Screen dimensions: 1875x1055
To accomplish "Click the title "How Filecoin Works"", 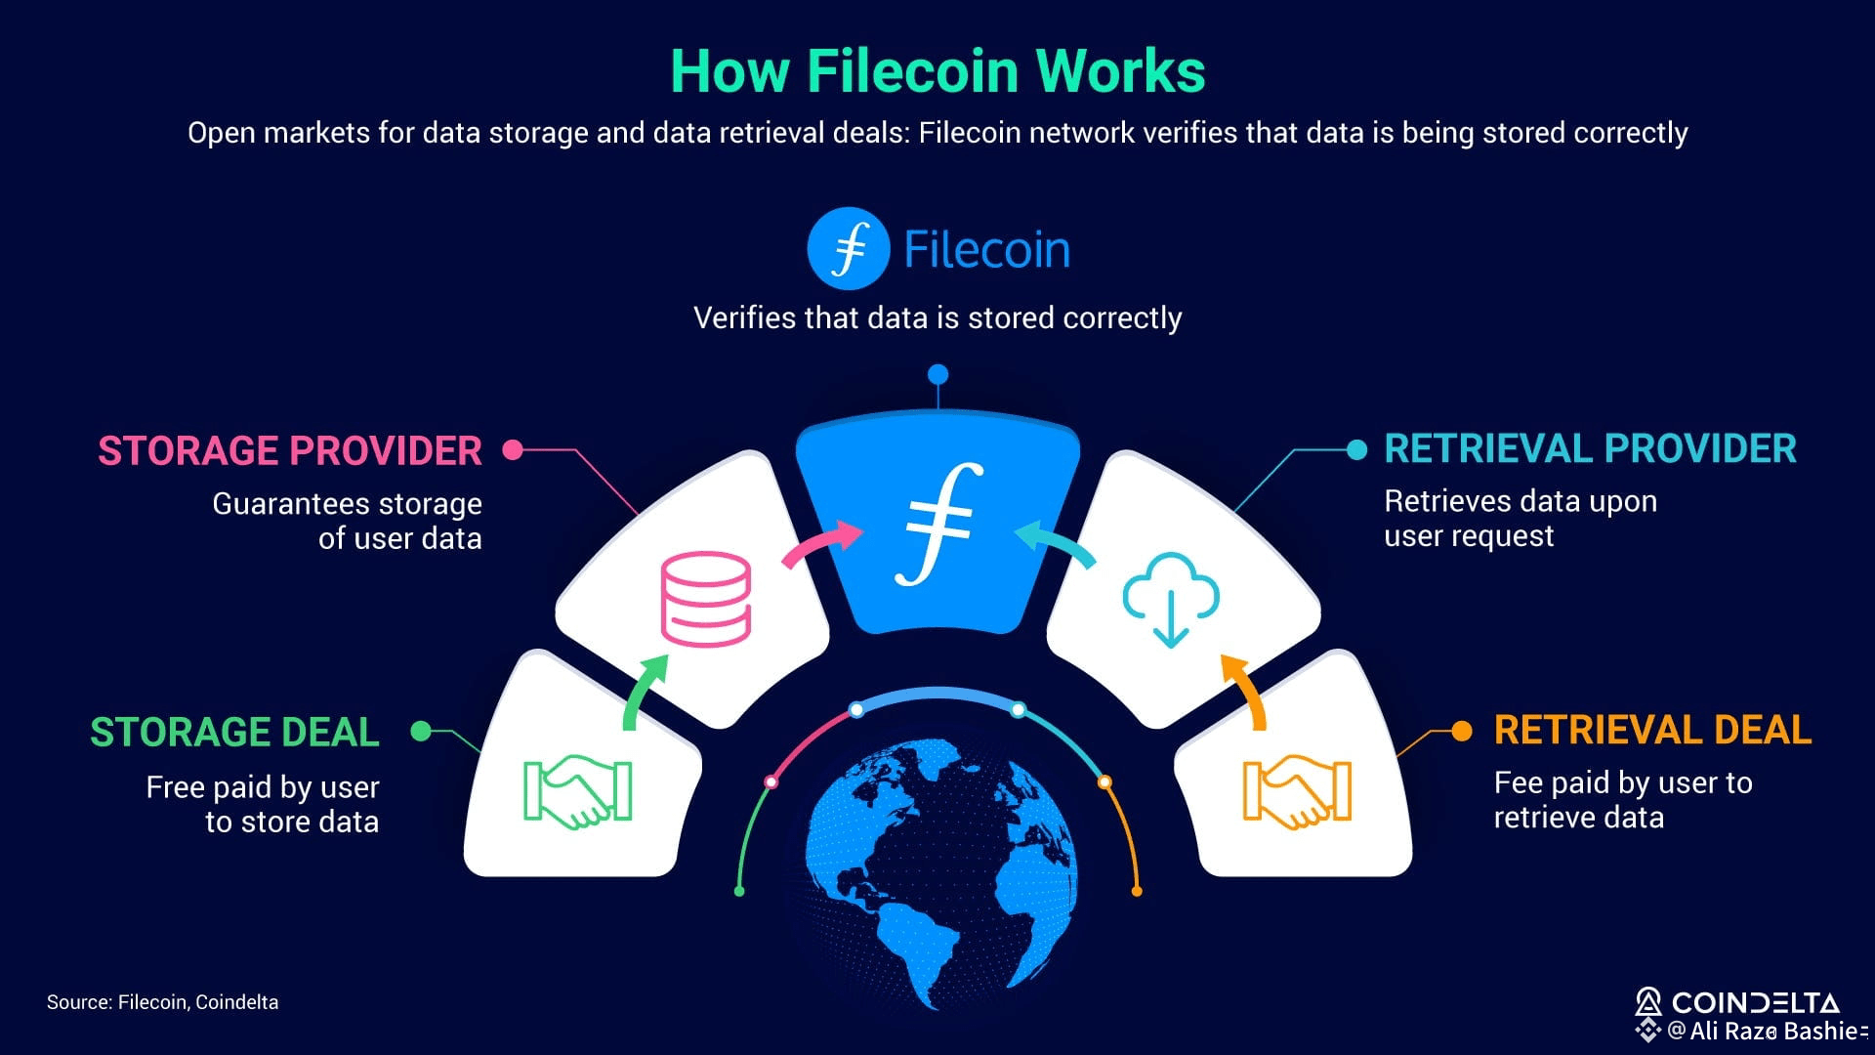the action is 937,71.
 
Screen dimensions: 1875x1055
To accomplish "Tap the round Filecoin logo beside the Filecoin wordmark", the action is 848,248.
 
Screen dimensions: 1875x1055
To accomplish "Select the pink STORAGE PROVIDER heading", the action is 289,450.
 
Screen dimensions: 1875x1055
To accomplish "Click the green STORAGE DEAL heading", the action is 234,732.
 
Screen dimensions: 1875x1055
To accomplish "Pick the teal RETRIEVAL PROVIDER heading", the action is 1590,448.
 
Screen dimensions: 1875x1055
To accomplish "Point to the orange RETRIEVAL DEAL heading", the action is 1652,730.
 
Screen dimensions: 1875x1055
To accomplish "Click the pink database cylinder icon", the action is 705,599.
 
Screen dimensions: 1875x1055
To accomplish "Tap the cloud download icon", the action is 1170,599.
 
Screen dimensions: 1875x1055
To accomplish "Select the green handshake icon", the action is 577,790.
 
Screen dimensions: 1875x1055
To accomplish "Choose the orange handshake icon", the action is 1297,790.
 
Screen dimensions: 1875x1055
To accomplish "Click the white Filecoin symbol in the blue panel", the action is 937,525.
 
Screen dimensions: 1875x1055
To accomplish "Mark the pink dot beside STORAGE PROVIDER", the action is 513,449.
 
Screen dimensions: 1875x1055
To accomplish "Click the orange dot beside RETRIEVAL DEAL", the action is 1462,731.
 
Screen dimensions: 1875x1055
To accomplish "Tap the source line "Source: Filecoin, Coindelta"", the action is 162,1002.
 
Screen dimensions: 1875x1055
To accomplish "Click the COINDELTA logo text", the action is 1754,1002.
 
